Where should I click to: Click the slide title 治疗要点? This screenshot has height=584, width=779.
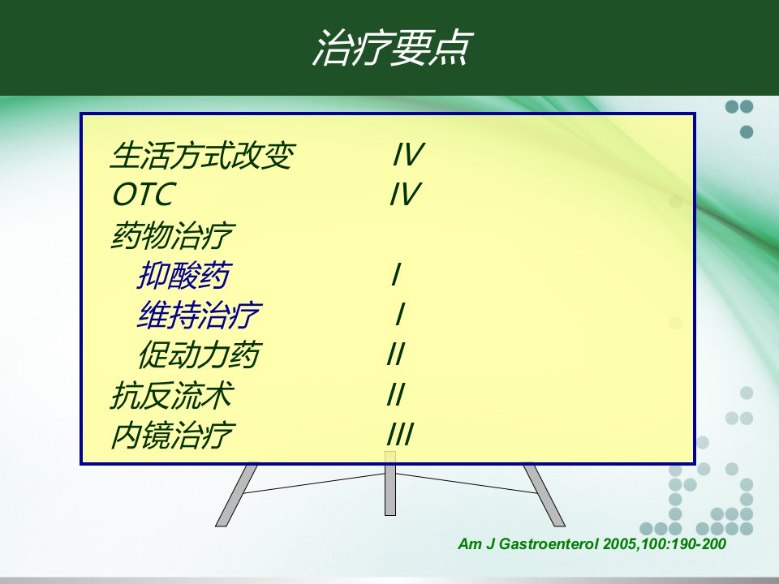point(392,48)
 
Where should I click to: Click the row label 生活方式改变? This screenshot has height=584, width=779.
point(203,155)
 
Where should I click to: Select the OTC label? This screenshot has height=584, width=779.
point(144,194)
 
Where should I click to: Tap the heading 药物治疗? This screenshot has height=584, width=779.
point(172,235)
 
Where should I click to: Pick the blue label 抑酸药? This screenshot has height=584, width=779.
point(184,275)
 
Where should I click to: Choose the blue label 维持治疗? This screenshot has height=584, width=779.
point(199,315)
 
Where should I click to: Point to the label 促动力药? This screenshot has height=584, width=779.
point(199,354)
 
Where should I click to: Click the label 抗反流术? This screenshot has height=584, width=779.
point(172,395)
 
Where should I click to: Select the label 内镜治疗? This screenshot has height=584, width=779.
point(172,435)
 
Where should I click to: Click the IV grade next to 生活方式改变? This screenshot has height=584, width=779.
point(408,154)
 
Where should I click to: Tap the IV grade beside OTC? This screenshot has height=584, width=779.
point(406,194)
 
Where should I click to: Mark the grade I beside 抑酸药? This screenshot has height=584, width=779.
point(396,274)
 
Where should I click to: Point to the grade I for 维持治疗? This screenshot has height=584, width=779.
point(400,314)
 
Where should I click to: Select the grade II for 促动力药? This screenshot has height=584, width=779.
point(397,354)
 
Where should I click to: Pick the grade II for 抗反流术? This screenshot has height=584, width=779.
point(397,394)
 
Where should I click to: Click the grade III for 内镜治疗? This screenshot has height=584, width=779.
point(400,434)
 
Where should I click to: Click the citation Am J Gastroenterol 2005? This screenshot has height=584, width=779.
point(592,543)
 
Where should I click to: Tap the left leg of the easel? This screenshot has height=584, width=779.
point(236,496)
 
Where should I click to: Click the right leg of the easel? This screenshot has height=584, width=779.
point(544,496)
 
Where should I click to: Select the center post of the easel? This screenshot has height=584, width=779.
point(390,483)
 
